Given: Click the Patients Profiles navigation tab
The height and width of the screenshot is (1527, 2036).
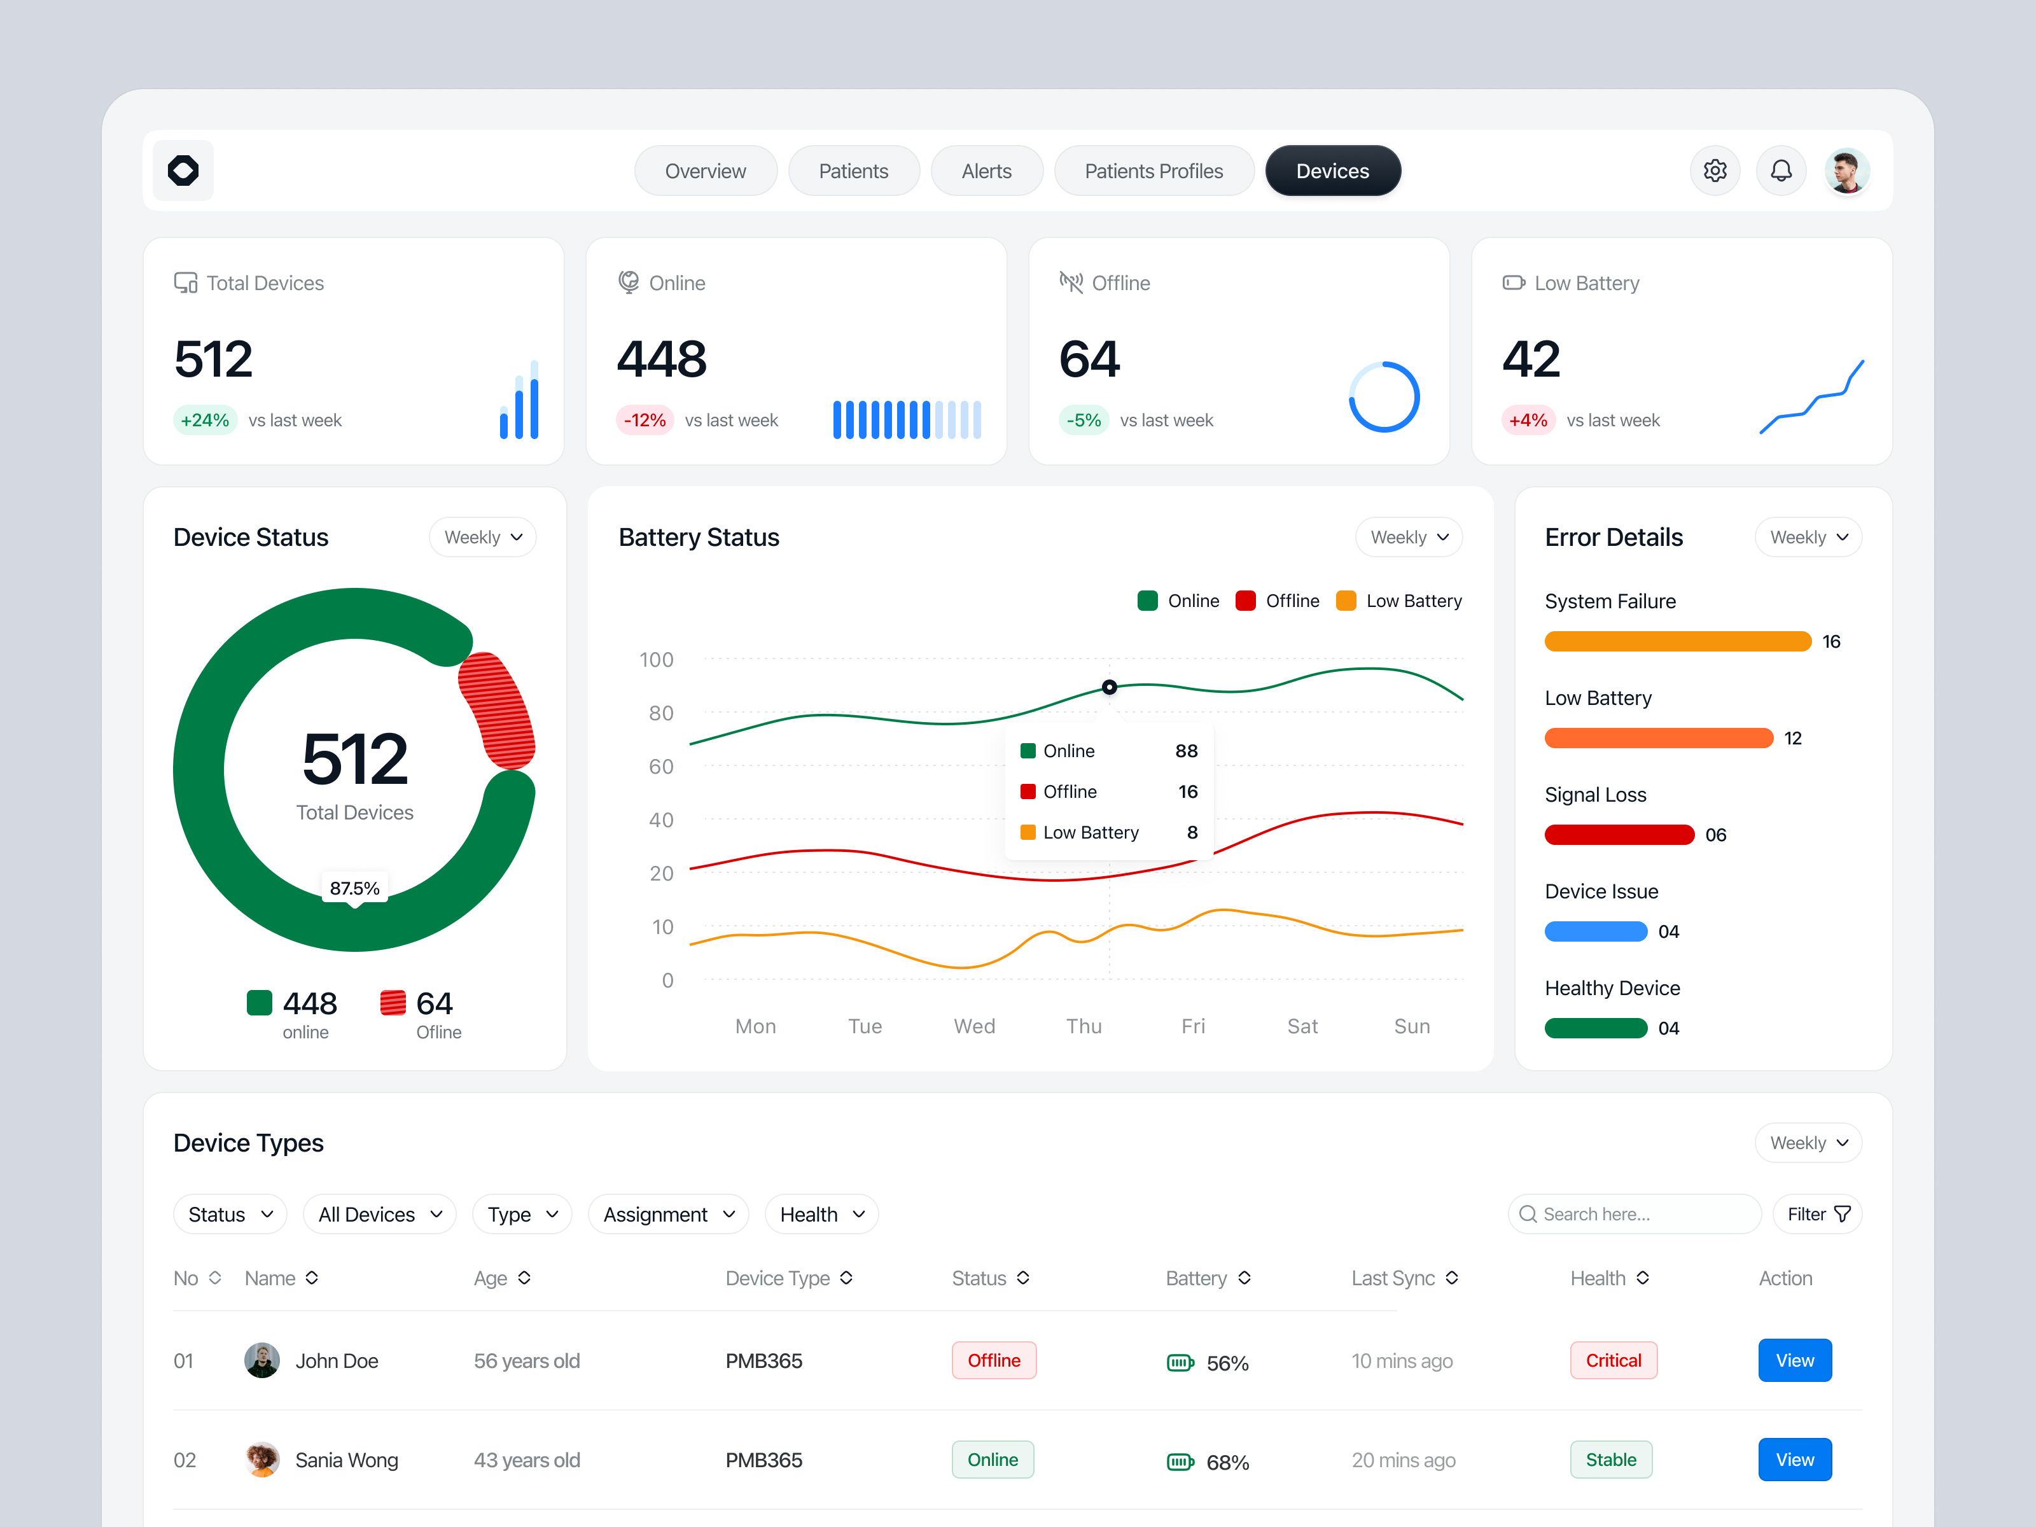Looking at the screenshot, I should [1154, 171].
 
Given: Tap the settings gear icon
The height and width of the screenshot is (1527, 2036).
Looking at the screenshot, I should [1714, 171].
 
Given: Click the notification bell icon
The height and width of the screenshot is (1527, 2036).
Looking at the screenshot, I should [1781, 171].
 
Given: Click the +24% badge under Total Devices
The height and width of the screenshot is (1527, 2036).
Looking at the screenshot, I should [204, 421].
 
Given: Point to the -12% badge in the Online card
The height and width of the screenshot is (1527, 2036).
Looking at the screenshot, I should [645, 421].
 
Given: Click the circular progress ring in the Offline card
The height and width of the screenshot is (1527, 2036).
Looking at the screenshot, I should [1383, 397].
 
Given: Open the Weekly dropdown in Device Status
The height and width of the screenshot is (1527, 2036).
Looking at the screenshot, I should [482, 538].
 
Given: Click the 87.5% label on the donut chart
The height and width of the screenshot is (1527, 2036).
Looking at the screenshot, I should [354, 888].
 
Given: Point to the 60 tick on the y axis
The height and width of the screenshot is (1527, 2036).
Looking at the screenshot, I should [661, 767].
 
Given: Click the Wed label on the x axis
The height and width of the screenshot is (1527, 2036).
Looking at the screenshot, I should [974, 1026].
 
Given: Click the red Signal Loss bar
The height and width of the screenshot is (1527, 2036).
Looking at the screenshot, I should [1618, 835].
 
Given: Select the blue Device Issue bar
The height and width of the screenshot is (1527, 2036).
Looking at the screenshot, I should [1595, 931].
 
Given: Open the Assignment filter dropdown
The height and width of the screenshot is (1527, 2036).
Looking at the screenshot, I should [668, 1215].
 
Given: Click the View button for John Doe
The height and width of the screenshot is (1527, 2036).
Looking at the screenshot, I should [1794, 1360].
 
